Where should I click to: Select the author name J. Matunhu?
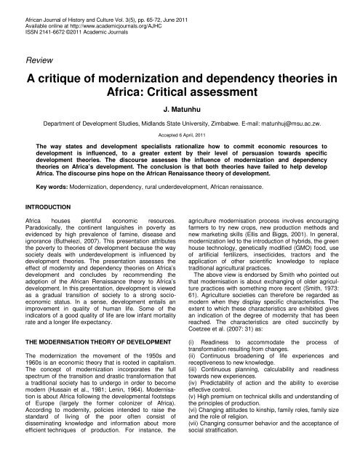180,112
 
